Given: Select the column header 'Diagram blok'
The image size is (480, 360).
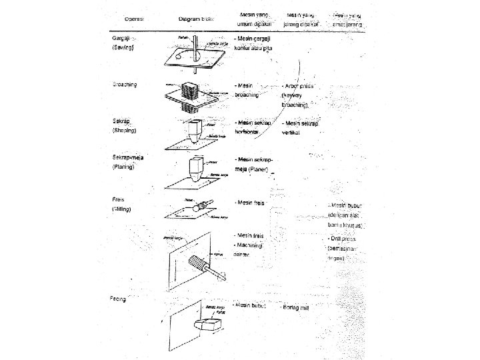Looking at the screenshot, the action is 195,19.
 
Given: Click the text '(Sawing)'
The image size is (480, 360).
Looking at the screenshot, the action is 123,49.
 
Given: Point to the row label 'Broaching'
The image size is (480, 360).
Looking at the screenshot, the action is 125,85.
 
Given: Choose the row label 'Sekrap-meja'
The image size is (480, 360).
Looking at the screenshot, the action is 127,157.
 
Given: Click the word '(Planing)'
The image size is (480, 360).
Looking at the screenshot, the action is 124,167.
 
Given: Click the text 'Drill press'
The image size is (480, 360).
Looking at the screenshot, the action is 343,238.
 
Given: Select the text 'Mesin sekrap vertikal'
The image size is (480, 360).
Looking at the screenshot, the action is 300,128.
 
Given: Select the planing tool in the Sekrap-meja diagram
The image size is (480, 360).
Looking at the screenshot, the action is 195,168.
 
